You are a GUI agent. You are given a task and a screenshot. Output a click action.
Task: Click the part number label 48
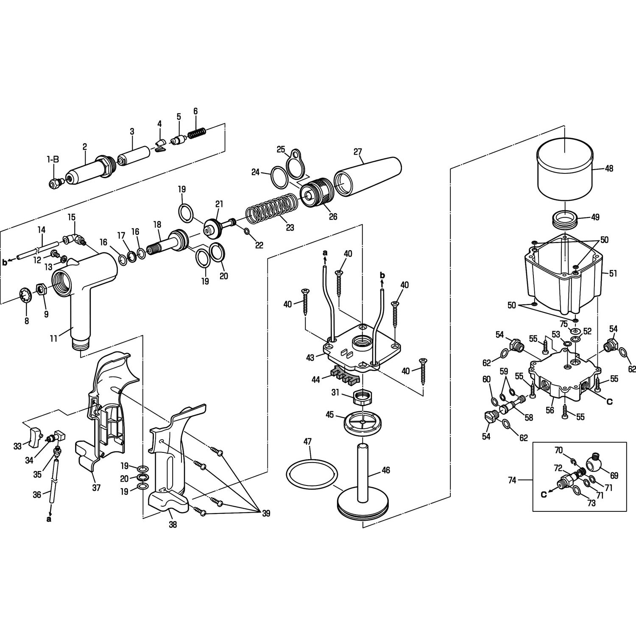(609, 168)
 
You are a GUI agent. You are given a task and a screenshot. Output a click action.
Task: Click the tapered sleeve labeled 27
(368, 178)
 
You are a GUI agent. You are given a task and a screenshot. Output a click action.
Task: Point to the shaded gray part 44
(343, 375)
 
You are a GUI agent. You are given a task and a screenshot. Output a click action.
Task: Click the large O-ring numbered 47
(312, 473)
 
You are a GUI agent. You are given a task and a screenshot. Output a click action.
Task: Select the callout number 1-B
(53, 159)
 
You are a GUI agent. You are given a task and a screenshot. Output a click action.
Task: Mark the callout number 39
(266, 513)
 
